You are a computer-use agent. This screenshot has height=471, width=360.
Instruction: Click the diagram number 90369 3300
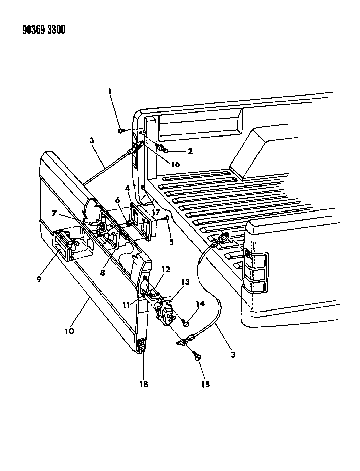click(44, 30)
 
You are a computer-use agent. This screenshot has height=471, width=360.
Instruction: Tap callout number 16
click(175, 164)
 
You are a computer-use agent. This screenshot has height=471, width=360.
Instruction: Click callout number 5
click(171, 242)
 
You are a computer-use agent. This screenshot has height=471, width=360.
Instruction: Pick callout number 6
click(118, 200)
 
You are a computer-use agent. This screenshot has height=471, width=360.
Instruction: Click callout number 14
click(200, 304)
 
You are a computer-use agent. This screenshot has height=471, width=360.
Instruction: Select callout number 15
click(205, 384)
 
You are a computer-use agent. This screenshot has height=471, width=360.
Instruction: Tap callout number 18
click(144, 384)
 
